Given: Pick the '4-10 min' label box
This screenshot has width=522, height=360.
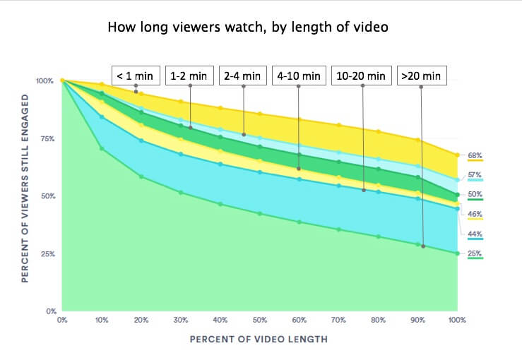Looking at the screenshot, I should point(299,75).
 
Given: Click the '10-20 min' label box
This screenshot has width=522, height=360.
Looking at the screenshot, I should point(361,75).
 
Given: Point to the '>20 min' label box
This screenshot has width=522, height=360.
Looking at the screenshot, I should point(422,75).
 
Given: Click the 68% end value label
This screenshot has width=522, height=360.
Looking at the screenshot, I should point(474,155).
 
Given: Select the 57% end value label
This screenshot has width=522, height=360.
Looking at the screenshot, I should point(474,174).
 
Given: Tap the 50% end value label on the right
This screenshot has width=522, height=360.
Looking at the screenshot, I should point(474,193).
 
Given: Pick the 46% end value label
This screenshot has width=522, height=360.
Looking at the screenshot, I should point(474,213).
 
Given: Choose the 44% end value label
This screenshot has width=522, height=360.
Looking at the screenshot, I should point(474,233).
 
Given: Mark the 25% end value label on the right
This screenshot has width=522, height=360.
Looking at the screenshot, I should point(474,253).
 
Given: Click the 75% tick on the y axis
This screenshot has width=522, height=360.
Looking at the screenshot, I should point(47,138).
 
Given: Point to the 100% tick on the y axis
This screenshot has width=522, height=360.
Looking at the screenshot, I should point(45,81).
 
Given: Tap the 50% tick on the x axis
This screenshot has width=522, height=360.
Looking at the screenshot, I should point(260,320).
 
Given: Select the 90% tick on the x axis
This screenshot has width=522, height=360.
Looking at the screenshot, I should point(417,320).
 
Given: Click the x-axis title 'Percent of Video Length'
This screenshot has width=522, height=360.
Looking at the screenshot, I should point(259,340).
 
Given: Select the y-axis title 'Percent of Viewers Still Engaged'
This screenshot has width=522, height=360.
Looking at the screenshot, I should point(25,196).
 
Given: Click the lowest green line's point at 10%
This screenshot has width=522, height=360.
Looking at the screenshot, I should point(102,148).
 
